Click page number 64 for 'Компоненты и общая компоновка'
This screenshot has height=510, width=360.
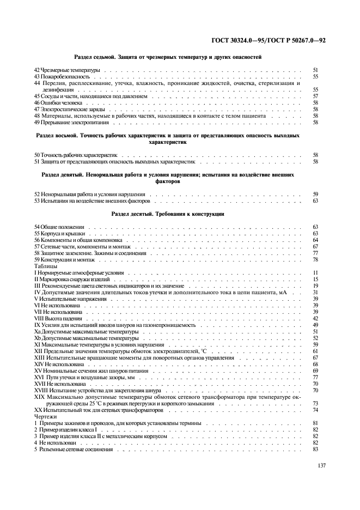[x=315, y=240]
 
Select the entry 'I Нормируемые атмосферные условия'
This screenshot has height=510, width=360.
[x=79, y=272]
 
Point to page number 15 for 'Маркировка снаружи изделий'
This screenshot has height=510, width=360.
[x=315, y=279]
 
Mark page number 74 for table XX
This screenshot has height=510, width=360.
[x=315, y=409]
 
